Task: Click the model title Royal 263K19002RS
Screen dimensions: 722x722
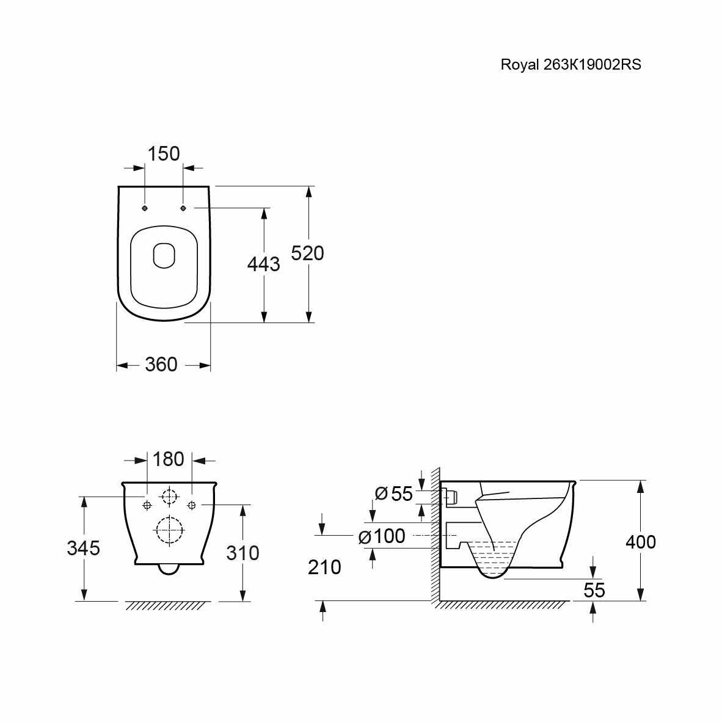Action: tap(571, 65)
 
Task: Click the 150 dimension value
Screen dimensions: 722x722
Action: tap(164, 154)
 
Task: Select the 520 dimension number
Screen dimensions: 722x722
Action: tap(308, 253)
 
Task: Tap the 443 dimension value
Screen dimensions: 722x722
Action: tap(263, 264)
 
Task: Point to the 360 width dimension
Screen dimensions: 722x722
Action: tap(161, 365)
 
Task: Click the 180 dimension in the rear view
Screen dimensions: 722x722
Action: tap(168, 459)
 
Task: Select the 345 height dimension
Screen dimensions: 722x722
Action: tap(83, 548)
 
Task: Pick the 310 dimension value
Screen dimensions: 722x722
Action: tap(242, 553)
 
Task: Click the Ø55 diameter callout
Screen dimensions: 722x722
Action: tap(394, 494)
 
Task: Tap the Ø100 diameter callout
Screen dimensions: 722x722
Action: tap(382, 536)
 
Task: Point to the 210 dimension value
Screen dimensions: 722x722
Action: tap(324, 567)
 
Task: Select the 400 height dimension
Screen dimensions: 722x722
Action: tap(641, 542)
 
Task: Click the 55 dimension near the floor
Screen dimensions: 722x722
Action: tap(594, 590)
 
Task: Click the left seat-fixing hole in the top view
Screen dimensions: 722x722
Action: tap(145, 208)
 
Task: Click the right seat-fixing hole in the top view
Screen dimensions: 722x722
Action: tap(183, 208)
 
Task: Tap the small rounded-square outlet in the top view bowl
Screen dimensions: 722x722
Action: tap(164, 255)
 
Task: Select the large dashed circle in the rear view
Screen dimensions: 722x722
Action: tap(169, 530)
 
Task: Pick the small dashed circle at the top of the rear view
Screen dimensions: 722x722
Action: tap(169, 497)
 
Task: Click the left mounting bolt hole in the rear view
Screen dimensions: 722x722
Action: tap(147, 506)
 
